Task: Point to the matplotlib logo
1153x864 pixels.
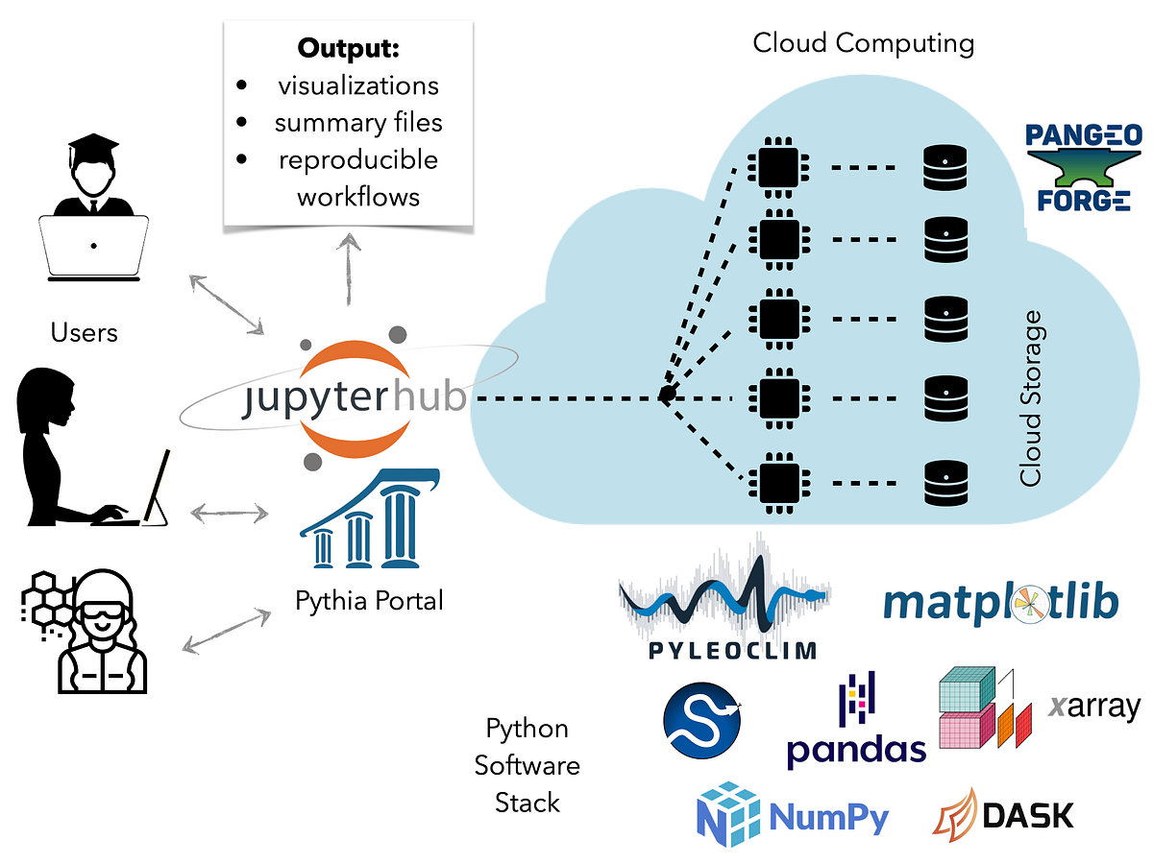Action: click(x=1000, y=603)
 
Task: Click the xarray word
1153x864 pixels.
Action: click(x=1093, y=707)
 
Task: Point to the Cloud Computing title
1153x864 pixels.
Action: click(x=863, y=43)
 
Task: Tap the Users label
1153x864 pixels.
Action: click(x=85, y=332)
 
